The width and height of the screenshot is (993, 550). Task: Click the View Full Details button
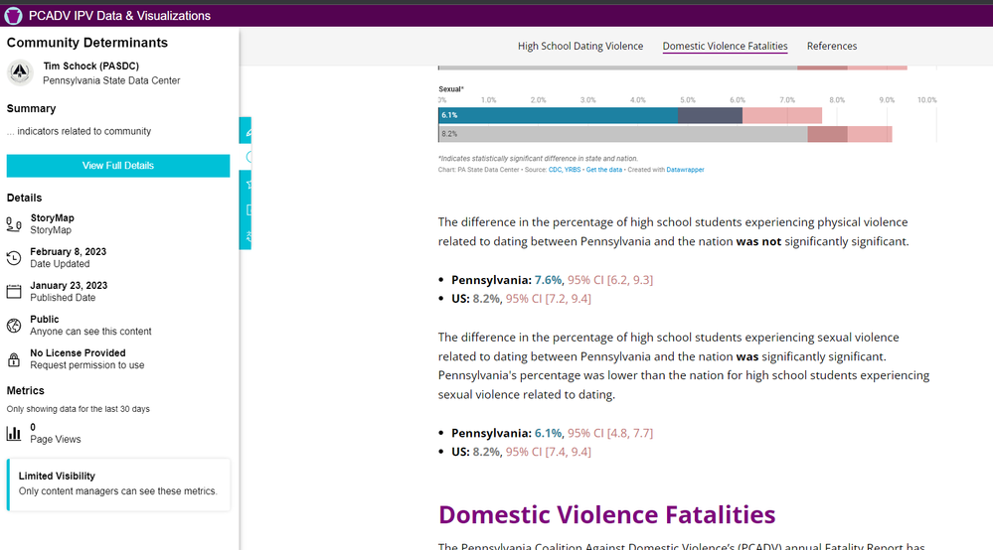click(x=117, y=166)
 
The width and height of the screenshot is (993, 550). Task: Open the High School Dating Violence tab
click(x=580, y=46)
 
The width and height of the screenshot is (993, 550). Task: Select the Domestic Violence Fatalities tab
click(x=725, y=46)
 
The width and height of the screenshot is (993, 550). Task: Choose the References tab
click(x=832, y=46)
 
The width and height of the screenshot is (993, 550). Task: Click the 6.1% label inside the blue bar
click(x=449, y=115)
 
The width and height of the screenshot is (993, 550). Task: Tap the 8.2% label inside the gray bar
click(x=449, y=134)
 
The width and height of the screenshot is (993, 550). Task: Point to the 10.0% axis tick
click(x=926, y=100)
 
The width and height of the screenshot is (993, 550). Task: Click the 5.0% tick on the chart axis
click(x=687, y=100)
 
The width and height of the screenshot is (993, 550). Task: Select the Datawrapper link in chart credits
click(x=685, y=170)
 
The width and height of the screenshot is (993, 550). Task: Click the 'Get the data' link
click(x=603, y=170)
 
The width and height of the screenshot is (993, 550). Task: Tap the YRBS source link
click(x=573, y=170)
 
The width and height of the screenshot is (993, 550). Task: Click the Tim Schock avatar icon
click(x=20, y=72)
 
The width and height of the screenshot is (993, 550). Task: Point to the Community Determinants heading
click(x=87, y=43)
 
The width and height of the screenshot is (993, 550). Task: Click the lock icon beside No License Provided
click(x=14, y=359)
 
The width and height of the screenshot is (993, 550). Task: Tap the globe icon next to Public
click(x=14, y=326)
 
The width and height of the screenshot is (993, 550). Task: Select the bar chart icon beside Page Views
click(x=14, y=433)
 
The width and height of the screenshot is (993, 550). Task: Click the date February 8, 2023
click(x=68, y=252)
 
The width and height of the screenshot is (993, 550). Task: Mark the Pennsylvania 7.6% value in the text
click(x=548, y=280)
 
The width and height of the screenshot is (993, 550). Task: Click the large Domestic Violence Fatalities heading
click(x=606, y=514)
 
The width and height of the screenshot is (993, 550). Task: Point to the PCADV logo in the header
click(x=14, y=15)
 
